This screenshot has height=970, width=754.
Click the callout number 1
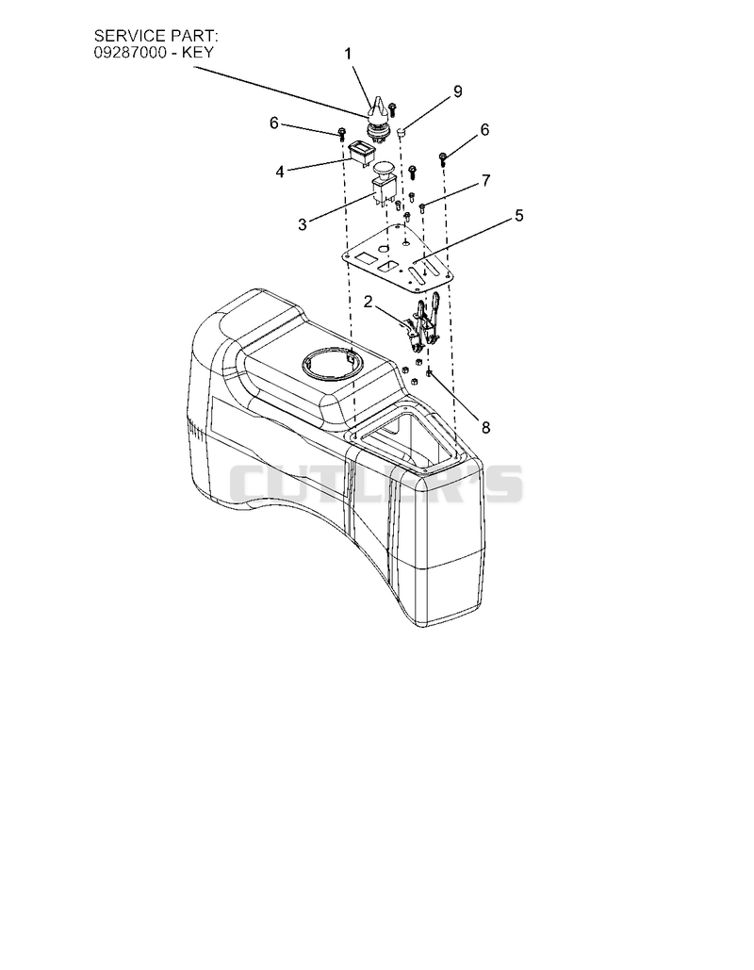coord(348,55)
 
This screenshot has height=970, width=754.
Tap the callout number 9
coord(458,91)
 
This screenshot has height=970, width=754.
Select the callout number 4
coord(280,172)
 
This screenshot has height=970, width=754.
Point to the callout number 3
coord(302,224)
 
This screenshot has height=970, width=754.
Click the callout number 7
coord(485,181)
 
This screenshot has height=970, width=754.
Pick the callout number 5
coord(519,215)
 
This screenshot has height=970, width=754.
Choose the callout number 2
coord(369,302)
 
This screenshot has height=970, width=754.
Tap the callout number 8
coord(485,427)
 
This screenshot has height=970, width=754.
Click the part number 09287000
coord(130,53)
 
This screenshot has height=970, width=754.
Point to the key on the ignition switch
coord(378,107)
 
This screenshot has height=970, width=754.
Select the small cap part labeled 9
coord(401,131)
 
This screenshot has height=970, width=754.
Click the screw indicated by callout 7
coord(423,207)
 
